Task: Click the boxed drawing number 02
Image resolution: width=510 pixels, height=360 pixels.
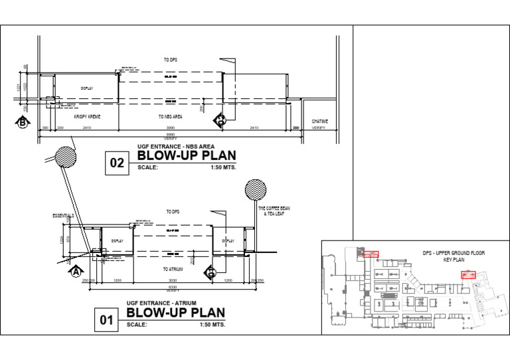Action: pyautogui.click(x=118, y=163)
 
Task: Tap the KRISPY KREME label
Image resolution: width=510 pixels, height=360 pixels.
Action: pyautogui.click(x=88, y=116)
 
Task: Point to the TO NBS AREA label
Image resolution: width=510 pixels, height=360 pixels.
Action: pyautogui.click(x=170, y=116)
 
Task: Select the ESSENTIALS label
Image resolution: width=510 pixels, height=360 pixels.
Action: pyautogui.click(x=63, y=216)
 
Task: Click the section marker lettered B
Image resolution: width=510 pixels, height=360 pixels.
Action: pyautogui.click(x=23, y=122)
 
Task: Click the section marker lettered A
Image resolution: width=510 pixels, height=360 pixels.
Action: pyautogui.click(x=75, y=271)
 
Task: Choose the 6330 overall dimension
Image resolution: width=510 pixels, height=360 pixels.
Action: pyautogui.click(x=173, y=287)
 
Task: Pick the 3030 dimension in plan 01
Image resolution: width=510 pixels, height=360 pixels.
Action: pyautogui.click(x=173, y=280)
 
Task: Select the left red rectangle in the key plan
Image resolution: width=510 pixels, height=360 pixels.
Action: pyautogui.click(x=371, y=254)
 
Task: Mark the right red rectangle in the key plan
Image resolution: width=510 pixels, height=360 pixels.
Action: pyautogui.click(x=469, y=274)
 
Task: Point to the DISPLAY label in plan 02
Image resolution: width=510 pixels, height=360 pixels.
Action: pyautogui.click(x=87, y=88)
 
